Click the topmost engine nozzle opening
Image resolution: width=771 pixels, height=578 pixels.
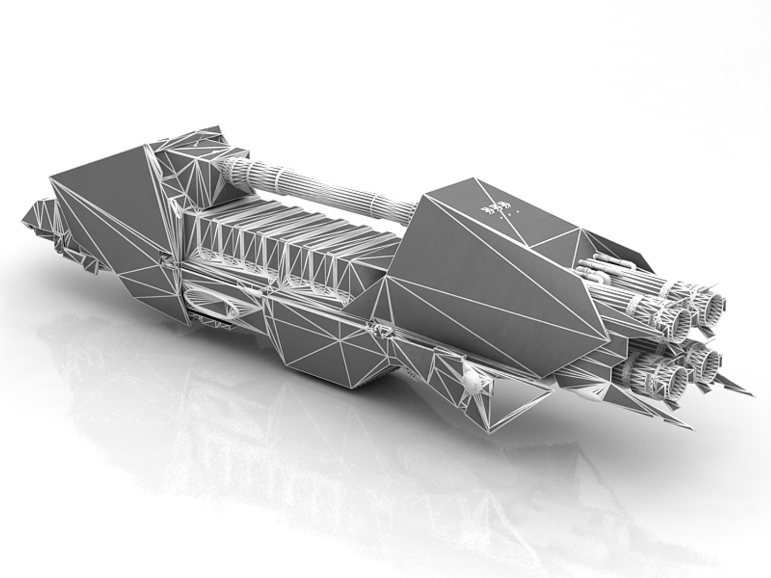point(714,304)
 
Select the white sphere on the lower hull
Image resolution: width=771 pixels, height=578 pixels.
point(473,381)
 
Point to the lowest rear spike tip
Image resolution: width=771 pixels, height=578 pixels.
point(691,427)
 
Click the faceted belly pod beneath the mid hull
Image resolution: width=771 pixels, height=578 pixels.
point(321,343)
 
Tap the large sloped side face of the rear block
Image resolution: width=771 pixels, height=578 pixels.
point(498,289)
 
